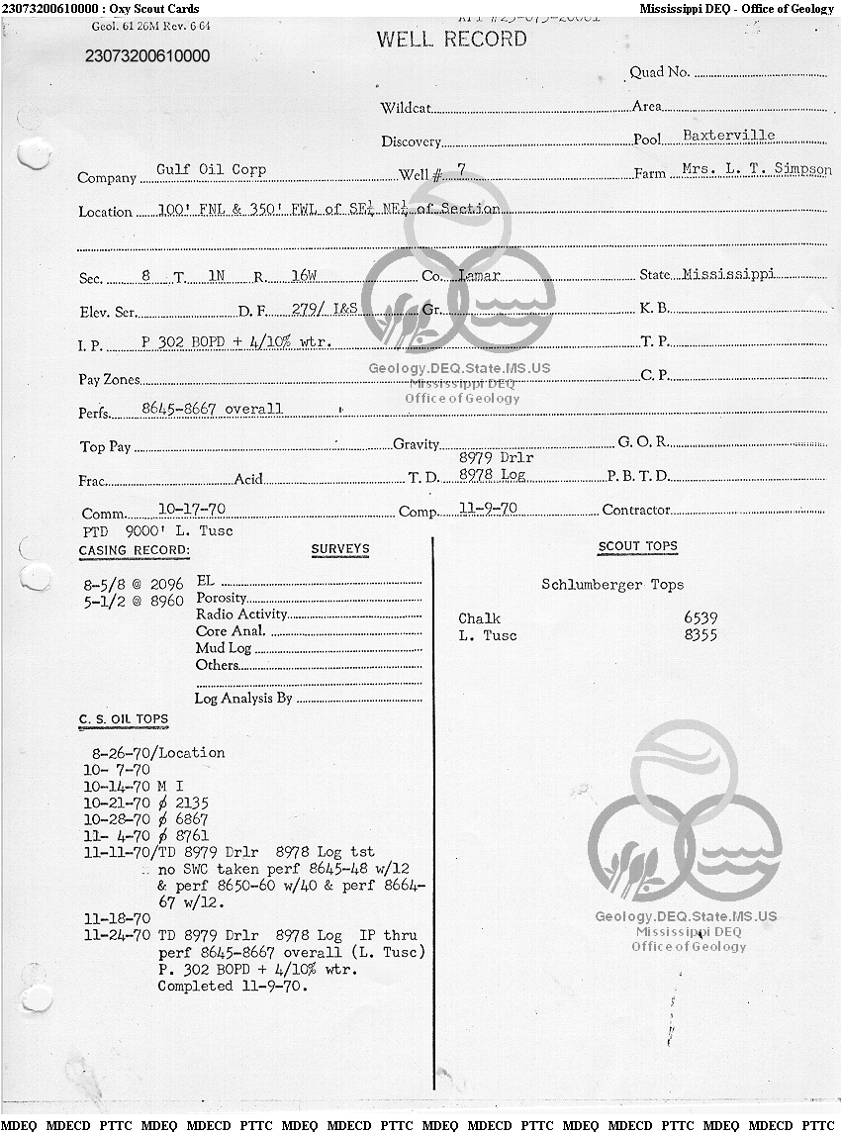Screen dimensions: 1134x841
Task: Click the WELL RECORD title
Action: tap(451, 40)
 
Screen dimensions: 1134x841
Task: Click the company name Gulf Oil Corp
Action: tap(211, 169)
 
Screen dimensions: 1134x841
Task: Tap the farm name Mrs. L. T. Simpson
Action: tap(756, 169)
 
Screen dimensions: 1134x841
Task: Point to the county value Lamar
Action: tap(480, 275)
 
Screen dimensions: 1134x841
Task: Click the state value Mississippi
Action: tap(728, 274)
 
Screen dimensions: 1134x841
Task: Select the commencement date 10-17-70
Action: tap(198, 509)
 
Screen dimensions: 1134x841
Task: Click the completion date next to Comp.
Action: tap(488, 508)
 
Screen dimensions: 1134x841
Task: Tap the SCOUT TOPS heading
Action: tap(637, 546)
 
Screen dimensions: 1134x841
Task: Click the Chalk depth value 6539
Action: tap(701, 618)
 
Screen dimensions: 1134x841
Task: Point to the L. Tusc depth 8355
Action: tap(701, 635)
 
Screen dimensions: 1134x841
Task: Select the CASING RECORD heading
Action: tap(134, 550)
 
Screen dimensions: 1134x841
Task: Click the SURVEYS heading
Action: tap(339, 549)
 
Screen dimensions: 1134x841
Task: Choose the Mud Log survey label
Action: tap(224, 648)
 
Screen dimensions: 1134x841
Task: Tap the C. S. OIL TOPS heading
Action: tap(124, 719)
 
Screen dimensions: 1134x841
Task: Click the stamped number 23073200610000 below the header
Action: tap(147, 55)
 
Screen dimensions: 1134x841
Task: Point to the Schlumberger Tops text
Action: tap(611, 585)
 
